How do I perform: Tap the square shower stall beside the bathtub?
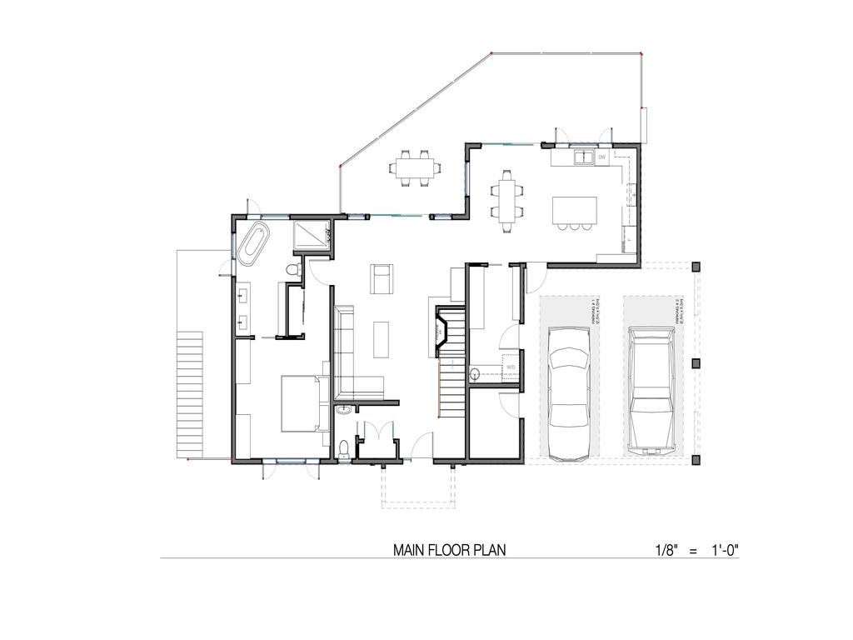(x=312, y=236)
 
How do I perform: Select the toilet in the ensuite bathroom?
(x=291, y=269)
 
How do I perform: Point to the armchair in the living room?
(x=382, y=278)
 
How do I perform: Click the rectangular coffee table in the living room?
(x=382, y=338)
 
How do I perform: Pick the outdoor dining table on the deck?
(x=414, y=167)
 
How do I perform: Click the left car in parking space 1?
(x=570, y=392)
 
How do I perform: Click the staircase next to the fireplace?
(x=450, y=387)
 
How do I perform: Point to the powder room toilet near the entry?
(x=344, y=448)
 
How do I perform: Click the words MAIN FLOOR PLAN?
(x=449, y=550)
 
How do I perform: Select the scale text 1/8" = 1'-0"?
(x=696, y=550)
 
